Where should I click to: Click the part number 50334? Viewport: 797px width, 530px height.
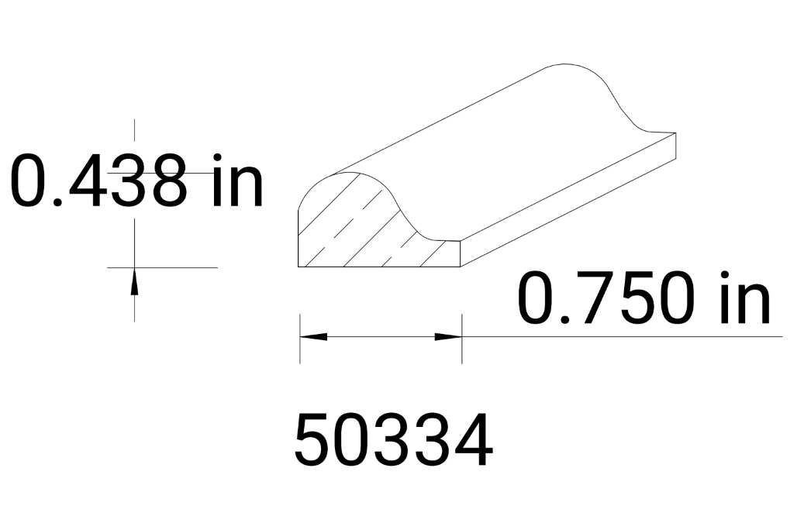click(x=393, y=441)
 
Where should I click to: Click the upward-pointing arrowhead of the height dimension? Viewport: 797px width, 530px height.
click(x=135, y=280)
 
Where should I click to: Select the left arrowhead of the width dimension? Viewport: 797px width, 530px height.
click(x=313, y=337)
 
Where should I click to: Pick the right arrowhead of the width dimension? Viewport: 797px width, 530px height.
click(x=448, y=337)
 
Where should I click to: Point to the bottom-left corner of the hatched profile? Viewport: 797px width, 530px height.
click(x=300, y=266)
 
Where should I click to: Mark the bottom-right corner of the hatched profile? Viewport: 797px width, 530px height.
click(x=461, y=266)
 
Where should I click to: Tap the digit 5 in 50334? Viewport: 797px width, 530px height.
click(x=313, y=441)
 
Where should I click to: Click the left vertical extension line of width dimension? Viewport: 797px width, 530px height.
click(x=300, y=339)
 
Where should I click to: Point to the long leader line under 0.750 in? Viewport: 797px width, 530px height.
click(x=620, y=337)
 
